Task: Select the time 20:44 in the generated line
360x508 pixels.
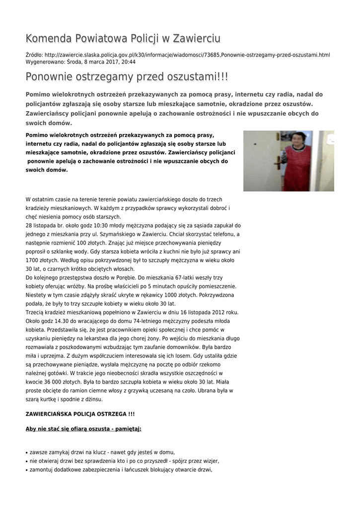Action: coord(128,63)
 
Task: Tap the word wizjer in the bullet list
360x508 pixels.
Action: coord(210,461)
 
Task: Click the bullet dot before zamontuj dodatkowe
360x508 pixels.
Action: coord(27,470)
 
